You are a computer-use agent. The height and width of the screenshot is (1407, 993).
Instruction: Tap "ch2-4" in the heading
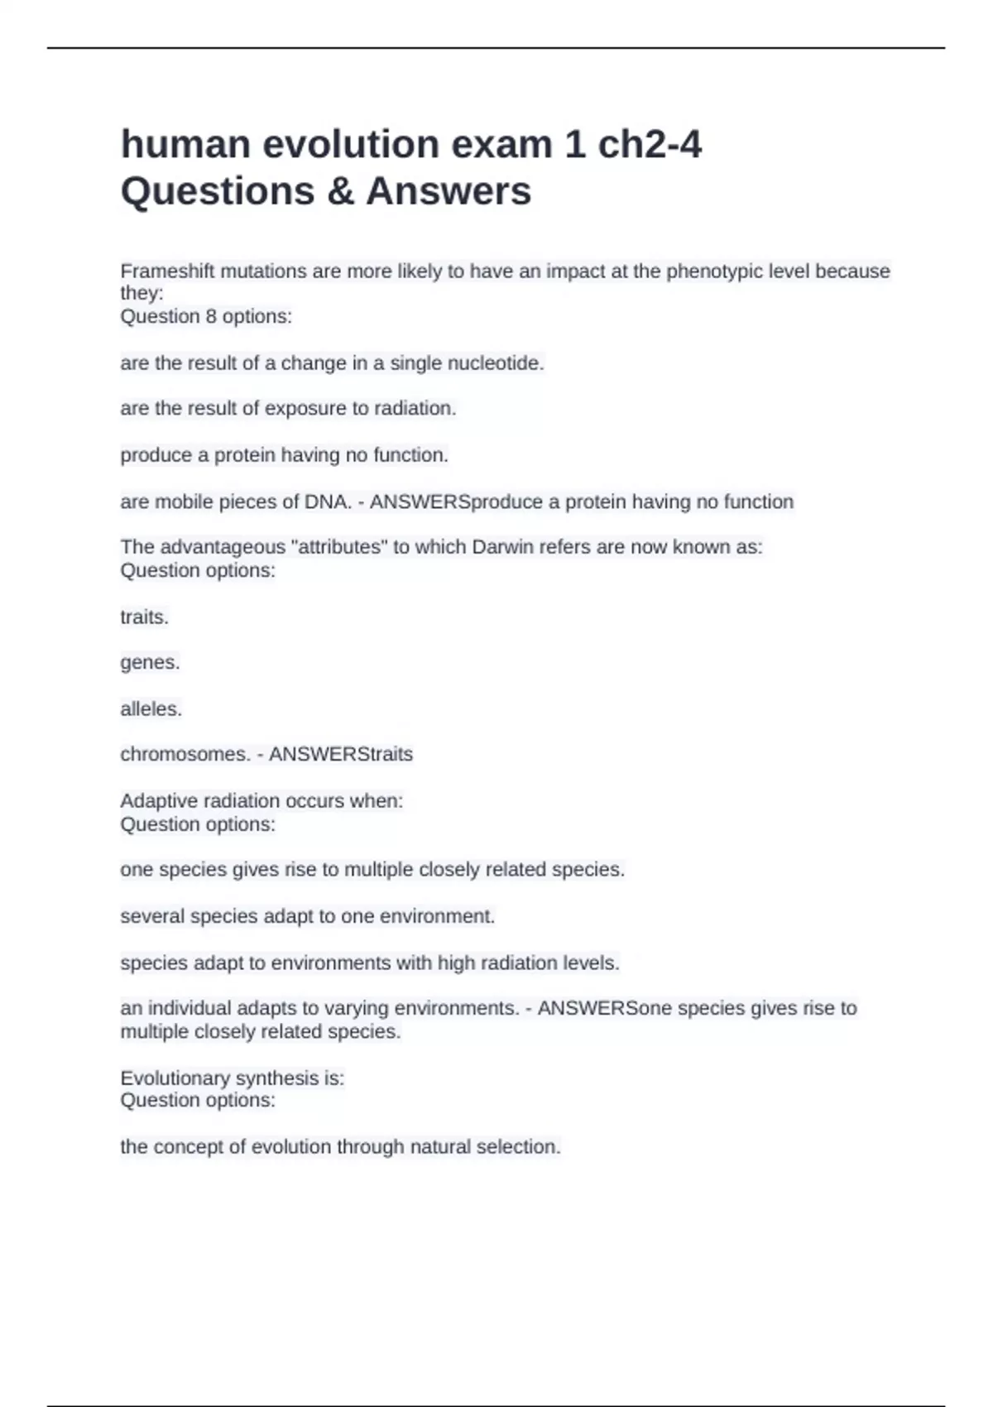coord(650,145)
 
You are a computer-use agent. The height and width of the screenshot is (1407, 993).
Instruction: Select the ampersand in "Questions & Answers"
coord(340,191)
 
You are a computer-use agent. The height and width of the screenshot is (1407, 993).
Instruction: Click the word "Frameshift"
coord(167,271)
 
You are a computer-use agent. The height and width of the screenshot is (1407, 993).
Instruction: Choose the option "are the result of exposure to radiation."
coord(288,409)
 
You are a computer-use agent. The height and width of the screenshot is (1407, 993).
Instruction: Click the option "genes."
coord(150,663)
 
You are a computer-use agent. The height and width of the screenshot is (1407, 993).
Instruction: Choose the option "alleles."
coord(151,709)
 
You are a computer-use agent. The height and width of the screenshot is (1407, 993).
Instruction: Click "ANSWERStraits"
coord(341,755)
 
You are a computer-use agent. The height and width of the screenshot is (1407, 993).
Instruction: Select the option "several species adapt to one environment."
coord(307,917)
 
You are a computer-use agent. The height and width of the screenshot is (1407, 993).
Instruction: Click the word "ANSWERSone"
coord(605,1009)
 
